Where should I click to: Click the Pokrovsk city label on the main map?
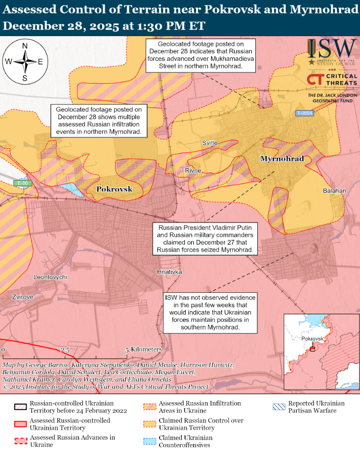pyautogui.click(x=114, y=189)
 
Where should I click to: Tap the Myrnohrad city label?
pyautogui.click(x=282, y=159)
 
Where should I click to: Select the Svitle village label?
pyautogui.click(x=210, y=143)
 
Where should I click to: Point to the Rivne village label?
pyautogui.click(x=193, y=171)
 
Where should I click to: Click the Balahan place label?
pyautogui.click(x=334, y=191)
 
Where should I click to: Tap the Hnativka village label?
pyautogui.click(x=169, y=272)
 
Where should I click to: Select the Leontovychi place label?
pyautogui.click(x=50, y=277)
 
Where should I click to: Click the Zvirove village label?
pyautogui.click(x=23, y=297)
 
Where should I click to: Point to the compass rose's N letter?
pyautogui.click(x=25, y=46)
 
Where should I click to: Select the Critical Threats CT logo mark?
pyautogui.click(x=315, y=79)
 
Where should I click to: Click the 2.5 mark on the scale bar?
pyautogui.click(x=65, y=350)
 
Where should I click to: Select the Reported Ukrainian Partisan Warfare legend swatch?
pyautogui.click(x=279, y=407)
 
